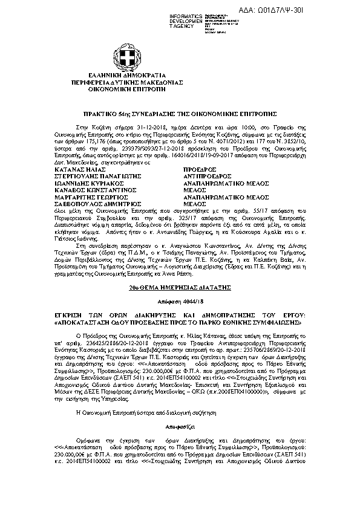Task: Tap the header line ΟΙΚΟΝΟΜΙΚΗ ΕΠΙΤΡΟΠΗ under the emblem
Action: click(180, 87)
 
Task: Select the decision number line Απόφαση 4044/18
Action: click(180, 300)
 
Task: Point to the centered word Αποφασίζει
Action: click(180, 443)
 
